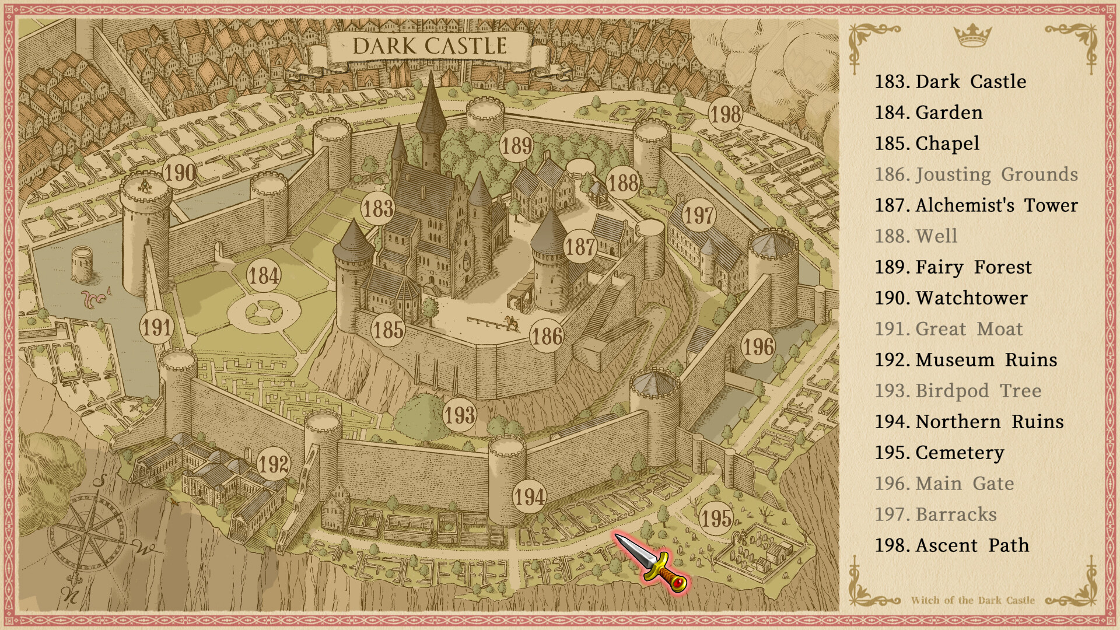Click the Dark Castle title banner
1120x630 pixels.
coord(429,47)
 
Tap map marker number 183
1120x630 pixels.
coord(378,208)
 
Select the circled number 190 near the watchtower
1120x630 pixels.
coord(180,173)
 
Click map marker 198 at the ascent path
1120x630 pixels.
coord(725,114)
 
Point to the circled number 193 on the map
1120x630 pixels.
coord(460,415)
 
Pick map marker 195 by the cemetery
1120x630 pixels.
coord(716,518)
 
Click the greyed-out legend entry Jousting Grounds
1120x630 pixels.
coord(976,174)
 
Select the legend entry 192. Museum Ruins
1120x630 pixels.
coord(965,360)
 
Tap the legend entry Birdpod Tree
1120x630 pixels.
coord(958,391)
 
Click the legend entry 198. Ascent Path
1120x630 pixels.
coord(951,545)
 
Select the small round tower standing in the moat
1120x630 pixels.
coord(82,263)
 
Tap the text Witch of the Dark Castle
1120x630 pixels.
coord(972,600)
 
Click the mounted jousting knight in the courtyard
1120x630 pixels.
coord(512,323)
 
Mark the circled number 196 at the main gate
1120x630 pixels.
coord(758,347)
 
